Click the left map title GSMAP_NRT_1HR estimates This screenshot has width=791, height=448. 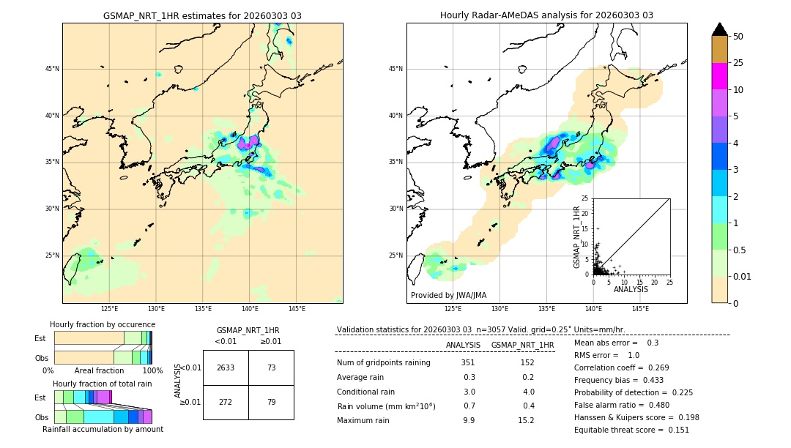[202, 15]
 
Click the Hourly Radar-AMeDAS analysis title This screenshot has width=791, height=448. [546, 15]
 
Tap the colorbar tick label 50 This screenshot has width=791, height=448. [738, 37]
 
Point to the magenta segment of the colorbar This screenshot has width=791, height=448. [719, 76]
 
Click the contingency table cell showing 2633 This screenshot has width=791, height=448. [226, 367]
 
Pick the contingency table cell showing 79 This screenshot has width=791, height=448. [271, 402]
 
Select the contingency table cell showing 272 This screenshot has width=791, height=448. [226, 402]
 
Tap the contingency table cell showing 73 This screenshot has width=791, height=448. [271, 367]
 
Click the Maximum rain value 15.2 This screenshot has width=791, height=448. [527, 420]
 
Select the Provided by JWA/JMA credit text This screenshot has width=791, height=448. [448, 295]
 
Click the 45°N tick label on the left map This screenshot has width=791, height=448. [52, 69]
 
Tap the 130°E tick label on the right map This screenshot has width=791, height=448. [500, 309]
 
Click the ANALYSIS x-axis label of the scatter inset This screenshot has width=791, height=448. [631, 289]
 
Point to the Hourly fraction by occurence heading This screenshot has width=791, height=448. [103, 324]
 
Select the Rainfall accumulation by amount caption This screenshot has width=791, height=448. [103, 429]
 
